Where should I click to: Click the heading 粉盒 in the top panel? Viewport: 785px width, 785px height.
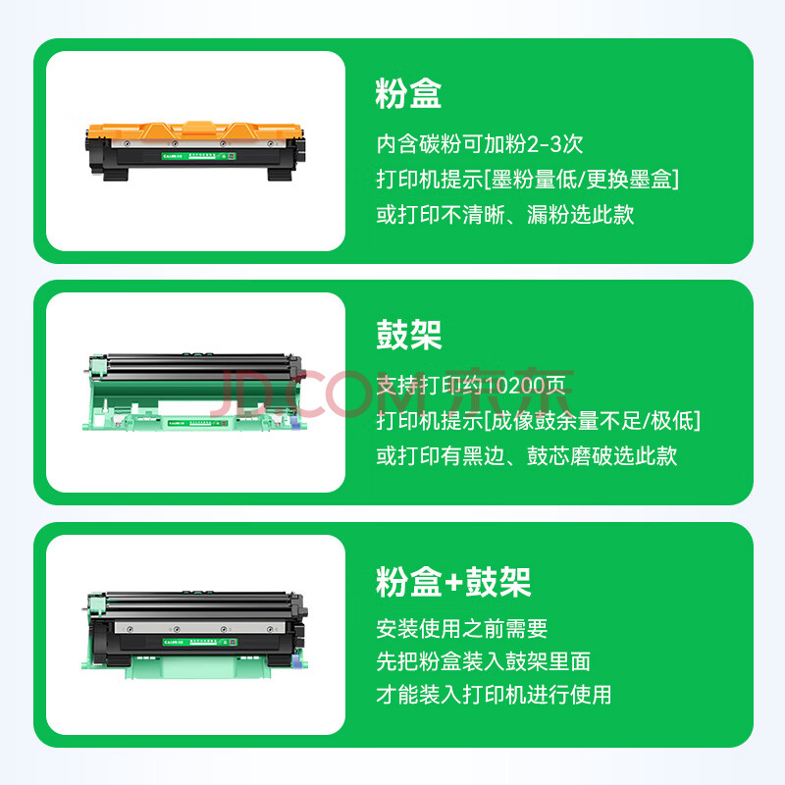[408, 93]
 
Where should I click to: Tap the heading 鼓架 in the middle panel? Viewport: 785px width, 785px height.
[408, 335]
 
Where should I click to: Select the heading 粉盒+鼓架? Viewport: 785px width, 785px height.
[453, 582]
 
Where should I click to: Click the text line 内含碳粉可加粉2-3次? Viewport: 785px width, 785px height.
[480, 144]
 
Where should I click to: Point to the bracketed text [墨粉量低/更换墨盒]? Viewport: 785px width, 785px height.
[581, 180]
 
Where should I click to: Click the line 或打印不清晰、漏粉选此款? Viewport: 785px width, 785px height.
[505, 215]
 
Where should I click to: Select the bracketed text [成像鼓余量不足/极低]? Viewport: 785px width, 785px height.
[592, 421]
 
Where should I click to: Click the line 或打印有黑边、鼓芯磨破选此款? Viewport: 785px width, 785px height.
[527, 456]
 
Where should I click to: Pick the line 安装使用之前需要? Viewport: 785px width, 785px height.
[461, 629]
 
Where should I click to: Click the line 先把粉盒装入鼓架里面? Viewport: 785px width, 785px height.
[483, 661]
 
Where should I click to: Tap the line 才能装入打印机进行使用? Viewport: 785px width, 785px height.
[494, 695]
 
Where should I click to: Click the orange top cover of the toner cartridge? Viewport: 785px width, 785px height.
[194, 131]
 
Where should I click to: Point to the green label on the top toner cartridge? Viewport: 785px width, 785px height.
[199, 156]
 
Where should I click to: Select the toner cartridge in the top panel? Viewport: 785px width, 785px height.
[195, 150]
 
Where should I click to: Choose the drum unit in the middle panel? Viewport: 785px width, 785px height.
[193, 392]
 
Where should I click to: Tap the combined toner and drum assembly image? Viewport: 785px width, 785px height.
[194, 634]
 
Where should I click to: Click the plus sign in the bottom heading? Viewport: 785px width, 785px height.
[453, 583]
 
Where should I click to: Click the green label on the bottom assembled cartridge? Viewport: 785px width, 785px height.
[200, 642]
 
